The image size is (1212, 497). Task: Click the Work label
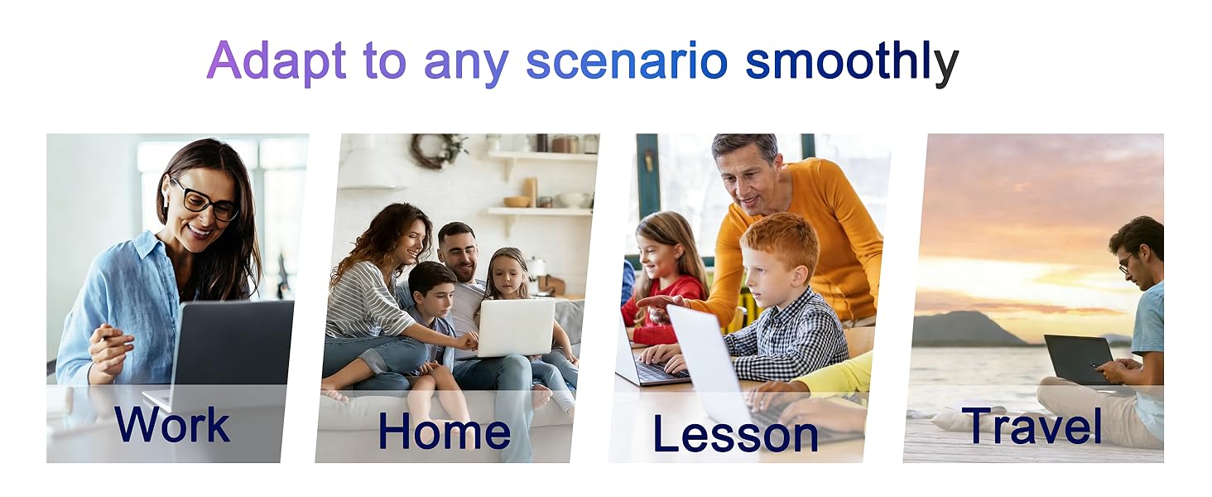coord(172,423)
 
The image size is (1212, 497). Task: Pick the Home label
coord(444,430)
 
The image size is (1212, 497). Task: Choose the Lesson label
coord(735,433)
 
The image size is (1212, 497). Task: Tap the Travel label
coord(1032,426)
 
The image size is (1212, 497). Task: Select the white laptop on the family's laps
coord(516,326)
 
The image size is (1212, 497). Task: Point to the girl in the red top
coord(667,273)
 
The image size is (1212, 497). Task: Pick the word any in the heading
coord(465,62)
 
